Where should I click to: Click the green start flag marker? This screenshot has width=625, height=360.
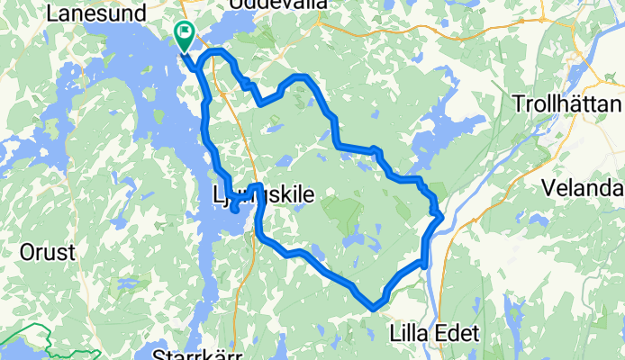[185, 35]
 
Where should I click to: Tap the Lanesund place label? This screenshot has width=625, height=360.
[88, 13]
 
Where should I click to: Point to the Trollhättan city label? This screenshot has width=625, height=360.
[566, 103]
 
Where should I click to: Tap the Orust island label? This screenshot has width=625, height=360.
[48, 253]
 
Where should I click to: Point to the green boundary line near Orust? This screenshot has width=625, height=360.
[27, 343]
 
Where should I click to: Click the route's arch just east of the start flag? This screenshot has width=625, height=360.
[216, 54]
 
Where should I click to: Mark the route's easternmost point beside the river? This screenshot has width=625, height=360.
[439, 213]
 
